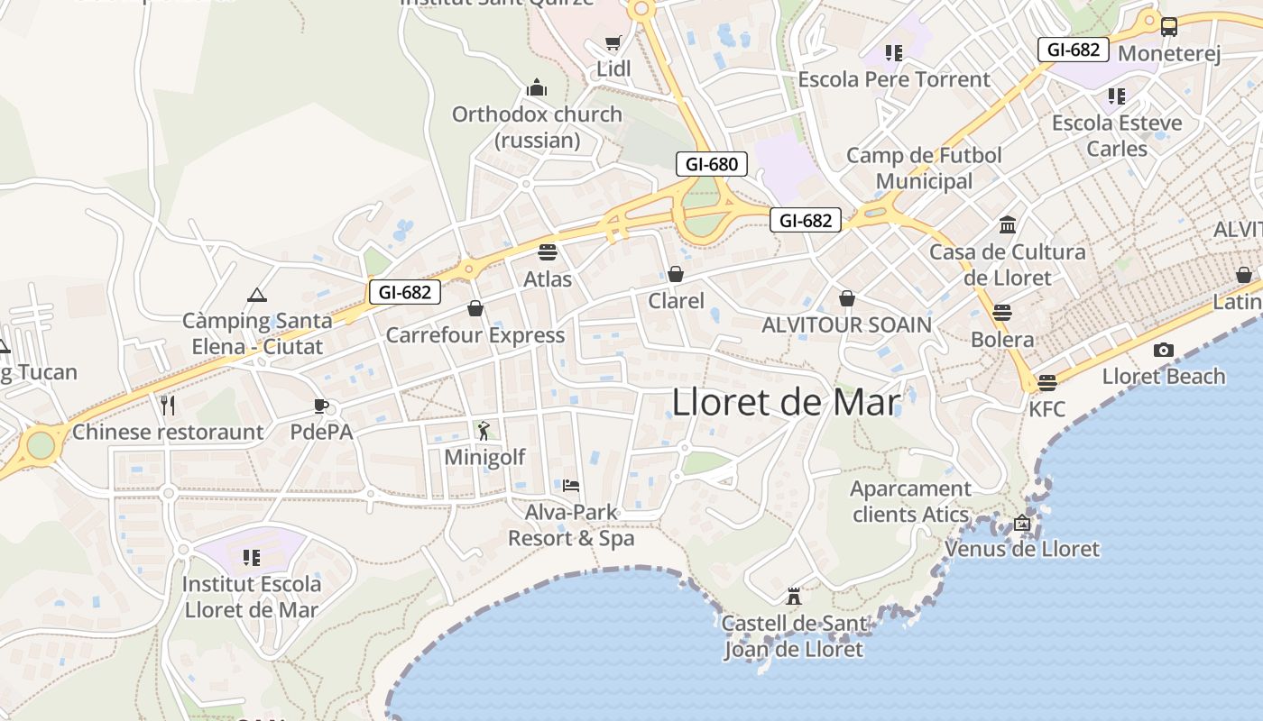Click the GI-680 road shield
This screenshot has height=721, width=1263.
click(712, 164)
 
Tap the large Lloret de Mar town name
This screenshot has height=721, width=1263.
click(786, 402)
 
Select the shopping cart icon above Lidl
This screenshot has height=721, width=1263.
click(613, 43)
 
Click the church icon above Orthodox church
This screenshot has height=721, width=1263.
click(537, 87)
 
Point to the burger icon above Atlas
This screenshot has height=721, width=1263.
click(548, 251)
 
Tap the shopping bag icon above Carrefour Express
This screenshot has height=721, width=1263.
click(475, 308)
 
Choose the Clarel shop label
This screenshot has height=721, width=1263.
click(677, 300)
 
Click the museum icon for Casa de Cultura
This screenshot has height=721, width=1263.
click(1008, 224)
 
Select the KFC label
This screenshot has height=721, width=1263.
click(1046, 409)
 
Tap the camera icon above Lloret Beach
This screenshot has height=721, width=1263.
click(1164, 350)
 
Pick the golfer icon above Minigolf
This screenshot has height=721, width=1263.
click(484, 431)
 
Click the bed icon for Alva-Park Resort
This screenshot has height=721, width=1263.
click(571, 486)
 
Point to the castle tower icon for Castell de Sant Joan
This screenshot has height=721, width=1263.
click(794, 596)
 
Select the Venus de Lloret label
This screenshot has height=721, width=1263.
click(1022, 549)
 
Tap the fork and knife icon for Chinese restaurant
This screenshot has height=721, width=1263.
click(168, 406)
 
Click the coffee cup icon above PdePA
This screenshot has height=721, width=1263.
click(320, 406)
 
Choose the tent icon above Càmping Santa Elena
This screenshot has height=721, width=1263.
click(257, 295)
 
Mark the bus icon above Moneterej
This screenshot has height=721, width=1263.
click(1169, 27)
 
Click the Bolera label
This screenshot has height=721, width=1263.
click(1002, 340)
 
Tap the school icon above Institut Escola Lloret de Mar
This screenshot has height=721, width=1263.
click(252, 558)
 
